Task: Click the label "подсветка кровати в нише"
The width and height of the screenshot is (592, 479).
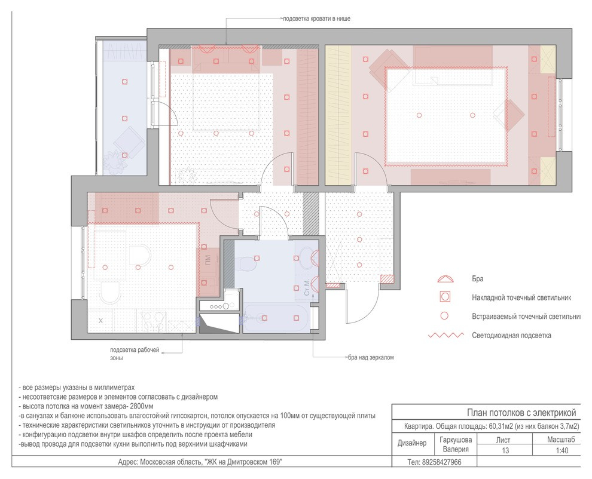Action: tap(316, 19)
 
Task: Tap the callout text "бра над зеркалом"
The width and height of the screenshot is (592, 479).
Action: tap(371, 357)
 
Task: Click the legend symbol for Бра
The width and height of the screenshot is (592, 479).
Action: tap(445, 279)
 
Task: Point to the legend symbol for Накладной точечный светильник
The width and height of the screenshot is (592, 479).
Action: tap(445, 297)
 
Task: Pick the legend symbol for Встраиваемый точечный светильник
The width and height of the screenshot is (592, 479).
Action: tap(445, 316)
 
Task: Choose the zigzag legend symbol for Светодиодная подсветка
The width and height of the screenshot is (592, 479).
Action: tap(446, 335)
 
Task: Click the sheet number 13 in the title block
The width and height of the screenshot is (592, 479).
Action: tap(505, 450)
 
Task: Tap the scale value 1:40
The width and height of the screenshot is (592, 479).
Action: tap(562, 450)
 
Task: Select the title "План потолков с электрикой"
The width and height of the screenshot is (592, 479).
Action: tap(521, 412)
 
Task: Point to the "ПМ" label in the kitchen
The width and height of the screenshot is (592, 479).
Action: tap(207, 260)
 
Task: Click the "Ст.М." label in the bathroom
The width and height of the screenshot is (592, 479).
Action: tap(307, 287)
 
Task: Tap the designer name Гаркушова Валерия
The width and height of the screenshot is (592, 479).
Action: tap(456, 444)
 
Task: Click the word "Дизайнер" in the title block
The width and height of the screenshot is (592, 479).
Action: tap(412, 443)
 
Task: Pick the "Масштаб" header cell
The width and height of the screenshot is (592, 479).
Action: tap(561, 440)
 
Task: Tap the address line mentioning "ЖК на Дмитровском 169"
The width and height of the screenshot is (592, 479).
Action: tap(200, 462)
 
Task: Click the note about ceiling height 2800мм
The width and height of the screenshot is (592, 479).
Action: tap(86, 406)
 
